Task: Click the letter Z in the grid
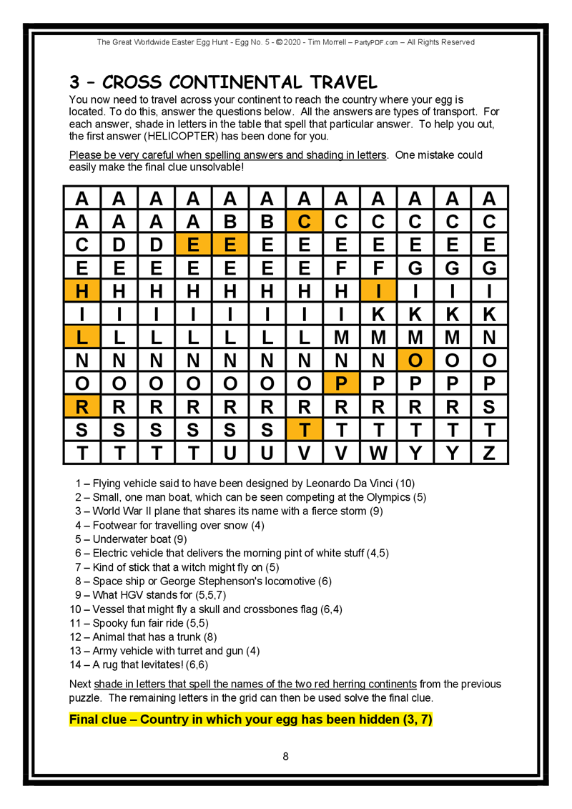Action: coord(489,453)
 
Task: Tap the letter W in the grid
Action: coord(378,453)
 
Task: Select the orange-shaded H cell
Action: coord(82,291)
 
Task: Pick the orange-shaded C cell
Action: coord(305,222)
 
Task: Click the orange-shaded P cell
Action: coord(341,384)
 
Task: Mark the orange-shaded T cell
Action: coord(305,430)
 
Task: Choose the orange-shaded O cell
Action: coord(415,361)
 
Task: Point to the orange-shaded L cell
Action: coord(82,338)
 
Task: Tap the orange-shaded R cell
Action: coord(82,407)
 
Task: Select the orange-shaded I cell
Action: coord(378,291)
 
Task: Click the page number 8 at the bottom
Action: coord(285,756)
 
